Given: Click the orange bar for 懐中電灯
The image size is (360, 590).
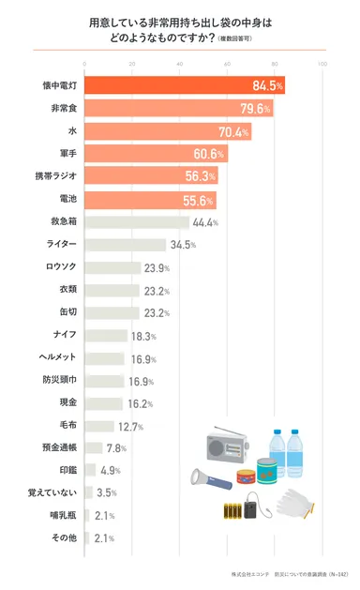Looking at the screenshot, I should [184, 85].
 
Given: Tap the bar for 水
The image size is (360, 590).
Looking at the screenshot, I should [168, 131].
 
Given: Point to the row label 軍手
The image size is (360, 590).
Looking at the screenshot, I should [64, 154].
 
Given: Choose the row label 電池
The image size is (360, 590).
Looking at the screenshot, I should [64, 199].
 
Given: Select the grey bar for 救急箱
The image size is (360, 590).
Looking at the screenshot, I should [137, 222].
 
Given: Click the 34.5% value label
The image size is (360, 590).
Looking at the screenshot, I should [181, 245].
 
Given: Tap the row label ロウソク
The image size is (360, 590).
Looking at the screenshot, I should [60, 267].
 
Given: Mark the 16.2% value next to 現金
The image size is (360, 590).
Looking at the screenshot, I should [138, 403].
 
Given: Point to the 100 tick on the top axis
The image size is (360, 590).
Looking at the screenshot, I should [322, 65].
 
